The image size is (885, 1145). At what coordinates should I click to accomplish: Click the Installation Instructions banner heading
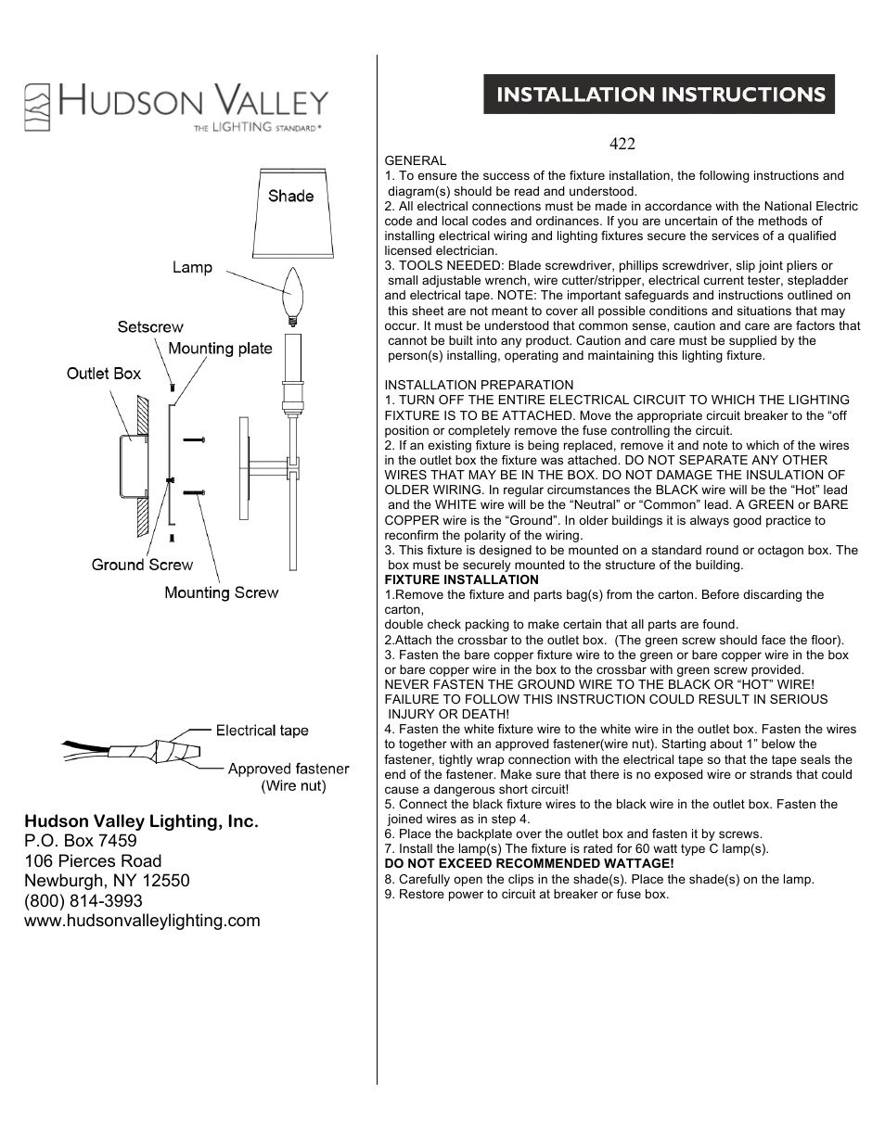tap(659, 95)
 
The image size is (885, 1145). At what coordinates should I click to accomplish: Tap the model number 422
tap(622, 144)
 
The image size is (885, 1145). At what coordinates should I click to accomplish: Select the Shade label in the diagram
tap(290, 197)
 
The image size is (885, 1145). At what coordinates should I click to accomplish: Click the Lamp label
tap(192, 268)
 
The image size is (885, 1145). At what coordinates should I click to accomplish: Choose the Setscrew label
tap(150, 327)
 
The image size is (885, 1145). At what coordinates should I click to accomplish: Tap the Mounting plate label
tap(220, 349)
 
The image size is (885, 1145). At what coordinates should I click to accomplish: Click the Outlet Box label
tap(104, 374)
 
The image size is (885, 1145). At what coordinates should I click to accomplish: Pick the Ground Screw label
tap(142, 565)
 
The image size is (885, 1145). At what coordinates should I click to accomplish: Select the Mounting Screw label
tap(221, 592)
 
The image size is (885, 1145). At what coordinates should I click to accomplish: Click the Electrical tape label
tap(262, 731)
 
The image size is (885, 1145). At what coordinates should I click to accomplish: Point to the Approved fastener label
tap(289, 769)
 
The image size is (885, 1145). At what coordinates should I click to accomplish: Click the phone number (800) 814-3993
tap(83, 901)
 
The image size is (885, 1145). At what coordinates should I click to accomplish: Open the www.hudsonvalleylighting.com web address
tap(142, 921)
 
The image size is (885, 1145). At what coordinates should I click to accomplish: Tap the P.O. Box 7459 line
tap(81, 841)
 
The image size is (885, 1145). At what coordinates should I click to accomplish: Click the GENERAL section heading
tap(415, 160)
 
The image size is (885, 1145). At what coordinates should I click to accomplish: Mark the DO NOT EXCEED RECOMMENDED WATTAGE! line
tap(529, 863)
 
